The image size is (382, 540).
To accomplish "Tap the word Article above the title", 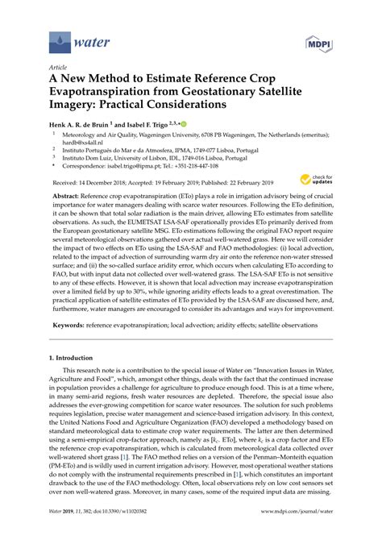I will click(x=58, y=69).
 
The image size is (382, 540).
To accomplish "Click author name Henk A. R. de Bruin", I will click(x=83, y=125).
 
